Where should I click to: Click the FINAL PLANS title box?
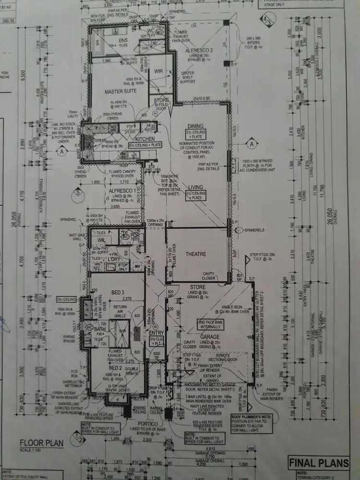tap(317, 463)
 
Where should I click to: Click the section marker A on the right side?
tap(251, 144)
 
